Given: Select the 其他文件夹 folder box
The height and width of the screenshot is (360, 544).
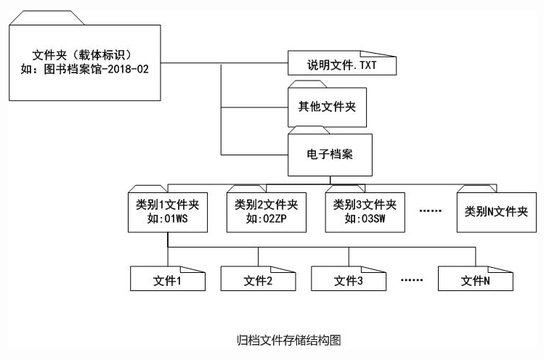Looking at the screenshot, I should coord(327,107).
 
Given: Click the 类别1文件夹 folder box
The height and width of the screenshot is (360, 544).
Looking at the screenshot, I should coord(167,211).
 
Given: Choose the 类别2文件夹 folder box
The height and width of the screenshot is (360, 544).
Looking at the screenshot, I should coord(266,211).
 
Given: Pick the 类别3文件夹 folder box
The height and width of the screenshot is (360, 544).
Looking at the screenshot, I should coord(365,211).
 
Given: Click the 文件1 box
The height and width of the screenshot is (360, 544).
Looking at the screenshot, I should coord(167,279).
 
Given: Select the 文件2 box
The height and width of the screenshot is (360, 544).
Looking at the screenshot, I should coord(257,279).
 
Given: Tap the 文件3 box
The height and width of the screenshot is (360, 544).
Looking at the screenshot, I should coord(348,279).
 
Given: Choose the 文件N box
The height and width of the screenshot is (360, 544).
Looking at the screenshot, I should coord(475,279).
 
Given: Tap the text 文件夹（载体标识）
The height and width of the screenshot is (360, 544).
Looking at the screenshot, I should coord(86,54).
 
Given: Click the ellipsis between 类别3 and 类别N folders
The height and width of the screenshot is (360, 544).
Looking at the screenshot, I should coord(431,211).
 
